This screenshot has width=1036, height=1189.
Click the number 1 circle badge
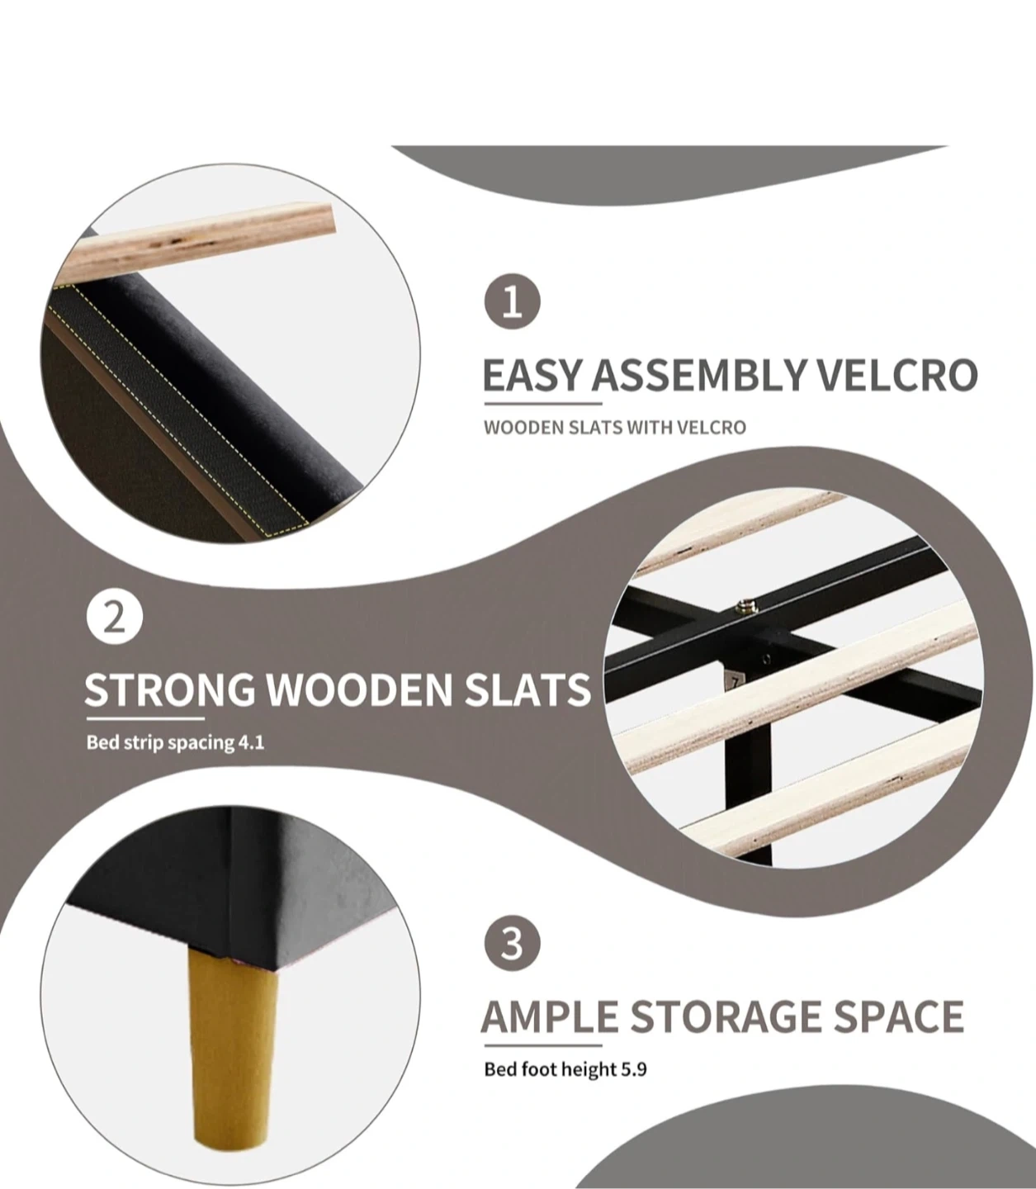(x=512, y=301)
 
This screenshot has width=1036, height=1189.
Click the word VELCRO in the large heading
(x=900, y=376)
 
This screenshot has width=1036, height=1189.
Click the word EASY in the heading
(x=531, y=376)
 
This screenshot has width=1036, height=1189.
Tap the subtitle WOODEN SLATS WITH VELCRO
(x=615, y=428)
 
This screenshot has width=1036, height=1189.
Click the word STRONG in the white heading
(x=170, y=689)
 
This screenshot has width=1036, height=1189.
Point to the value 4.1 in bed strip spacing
(x=252, y=742)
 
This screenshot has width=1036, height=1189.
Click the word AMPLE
(x=550, y=1016)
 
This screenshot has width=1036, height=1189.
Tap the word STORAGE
(x=725, y=1016)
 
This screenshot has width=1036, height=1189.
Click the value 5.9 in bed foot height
(x=634, y=1069)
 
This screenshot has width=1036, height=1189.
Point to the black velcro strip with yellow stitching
(x=180, y=407)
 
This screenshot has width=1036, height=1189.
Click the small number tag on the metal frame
(x=735, y=682)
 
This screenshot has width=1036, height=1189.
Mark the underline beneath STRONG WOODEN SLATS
(x=145, y=719)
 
